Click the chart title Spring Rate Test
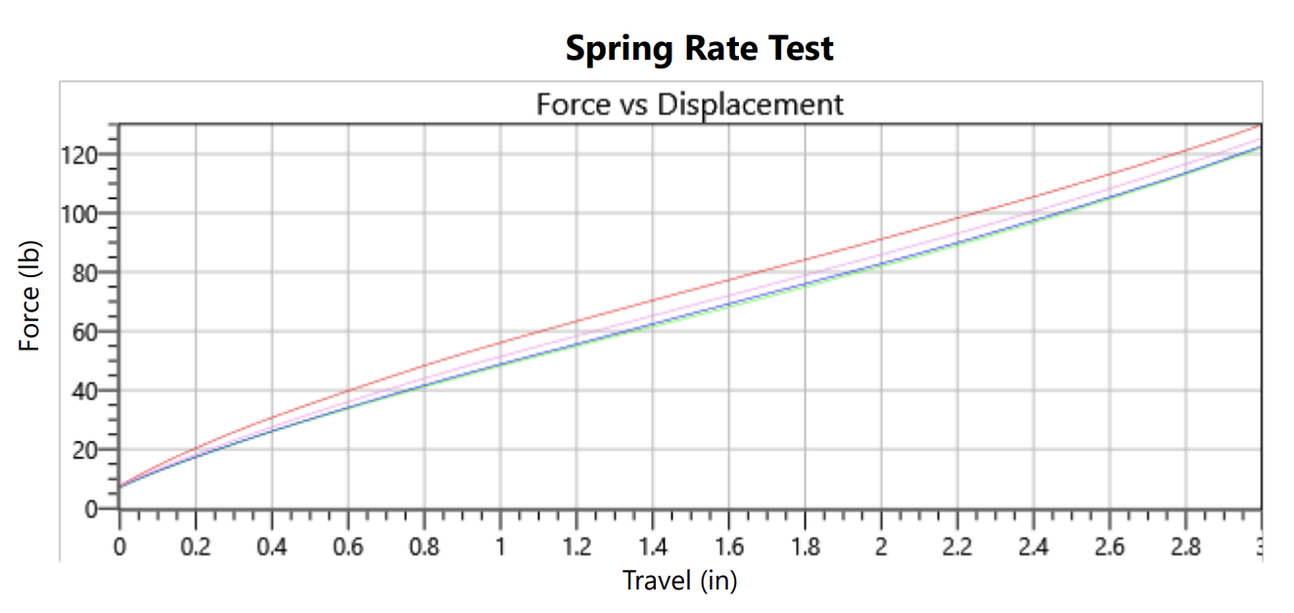pyautogui.click(x=699, y=48)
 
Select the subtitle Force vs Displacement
pyautogui.click(x=689, y=104)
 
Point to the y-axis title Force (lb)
pyautogui.click(x=30, y=295)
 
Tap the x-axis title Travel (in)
pyautogui.click(x=679, y=581)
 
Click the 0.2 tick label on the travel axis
pyautogui.click(x=195, y=546)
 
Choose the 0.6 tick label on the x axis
pyautogui.click(x=347, y=546)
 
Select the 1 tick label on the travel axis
pyautogui.click(x=500, y=546)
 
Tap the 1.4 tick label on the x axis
pyautogui.click(x=652, y=546)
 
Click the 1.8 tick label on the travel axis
pyautogui.click(x=805, y=546)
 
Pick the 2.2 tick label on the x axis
pyautogui.click(x=957, y=546)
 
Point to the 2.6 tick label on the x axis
pyautogui.click(x=1109, y=546)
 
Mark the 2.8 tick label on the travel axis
pyautogui.click(x=1185, y=546)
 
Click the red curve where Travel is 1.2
pyautogui.click(x=577, y=320)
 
